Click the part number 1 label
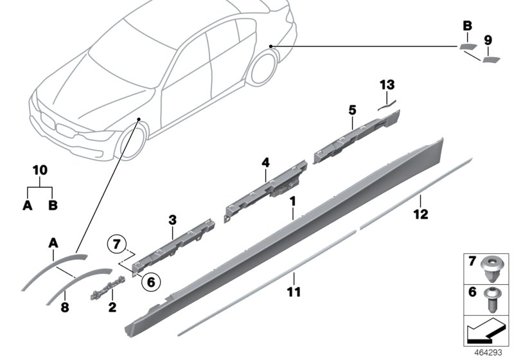click(x=292, y=201)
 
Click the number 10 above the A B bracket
click(x=40, y=170)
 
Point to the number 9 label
click(x=488, y=40)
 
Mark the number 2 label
click(x=112, y=307)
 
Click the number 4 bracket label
click(x=264, y=163)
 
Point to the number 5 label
click(x=351, y=110)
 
